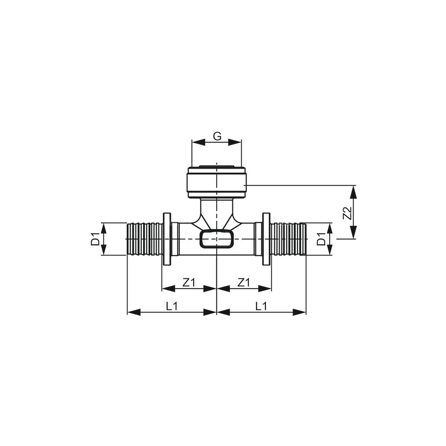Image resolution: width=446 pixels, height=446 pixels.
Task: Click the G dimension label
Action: [x=217, y=136]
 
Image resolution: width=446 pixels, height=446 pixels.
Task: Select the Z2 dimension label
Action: [x=347, y=213]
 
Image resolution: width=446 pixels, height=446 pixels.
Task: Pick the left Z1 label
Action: [x=188, y=282]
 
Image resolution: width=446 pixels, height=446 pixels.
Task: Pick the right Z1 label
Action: [x=244, y=282]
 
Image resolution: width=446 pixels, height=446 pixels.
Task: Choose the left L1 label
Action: [x=172, y=306]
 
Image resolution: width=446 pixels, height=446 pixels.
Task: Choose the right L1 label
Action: [x=261, y=306]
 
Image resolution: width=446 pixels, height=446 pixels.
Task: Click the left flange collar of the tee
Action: [x=167, y=239]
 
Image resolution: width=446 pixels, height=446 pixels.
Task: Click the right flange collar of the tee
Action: [x=267, y=239]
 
